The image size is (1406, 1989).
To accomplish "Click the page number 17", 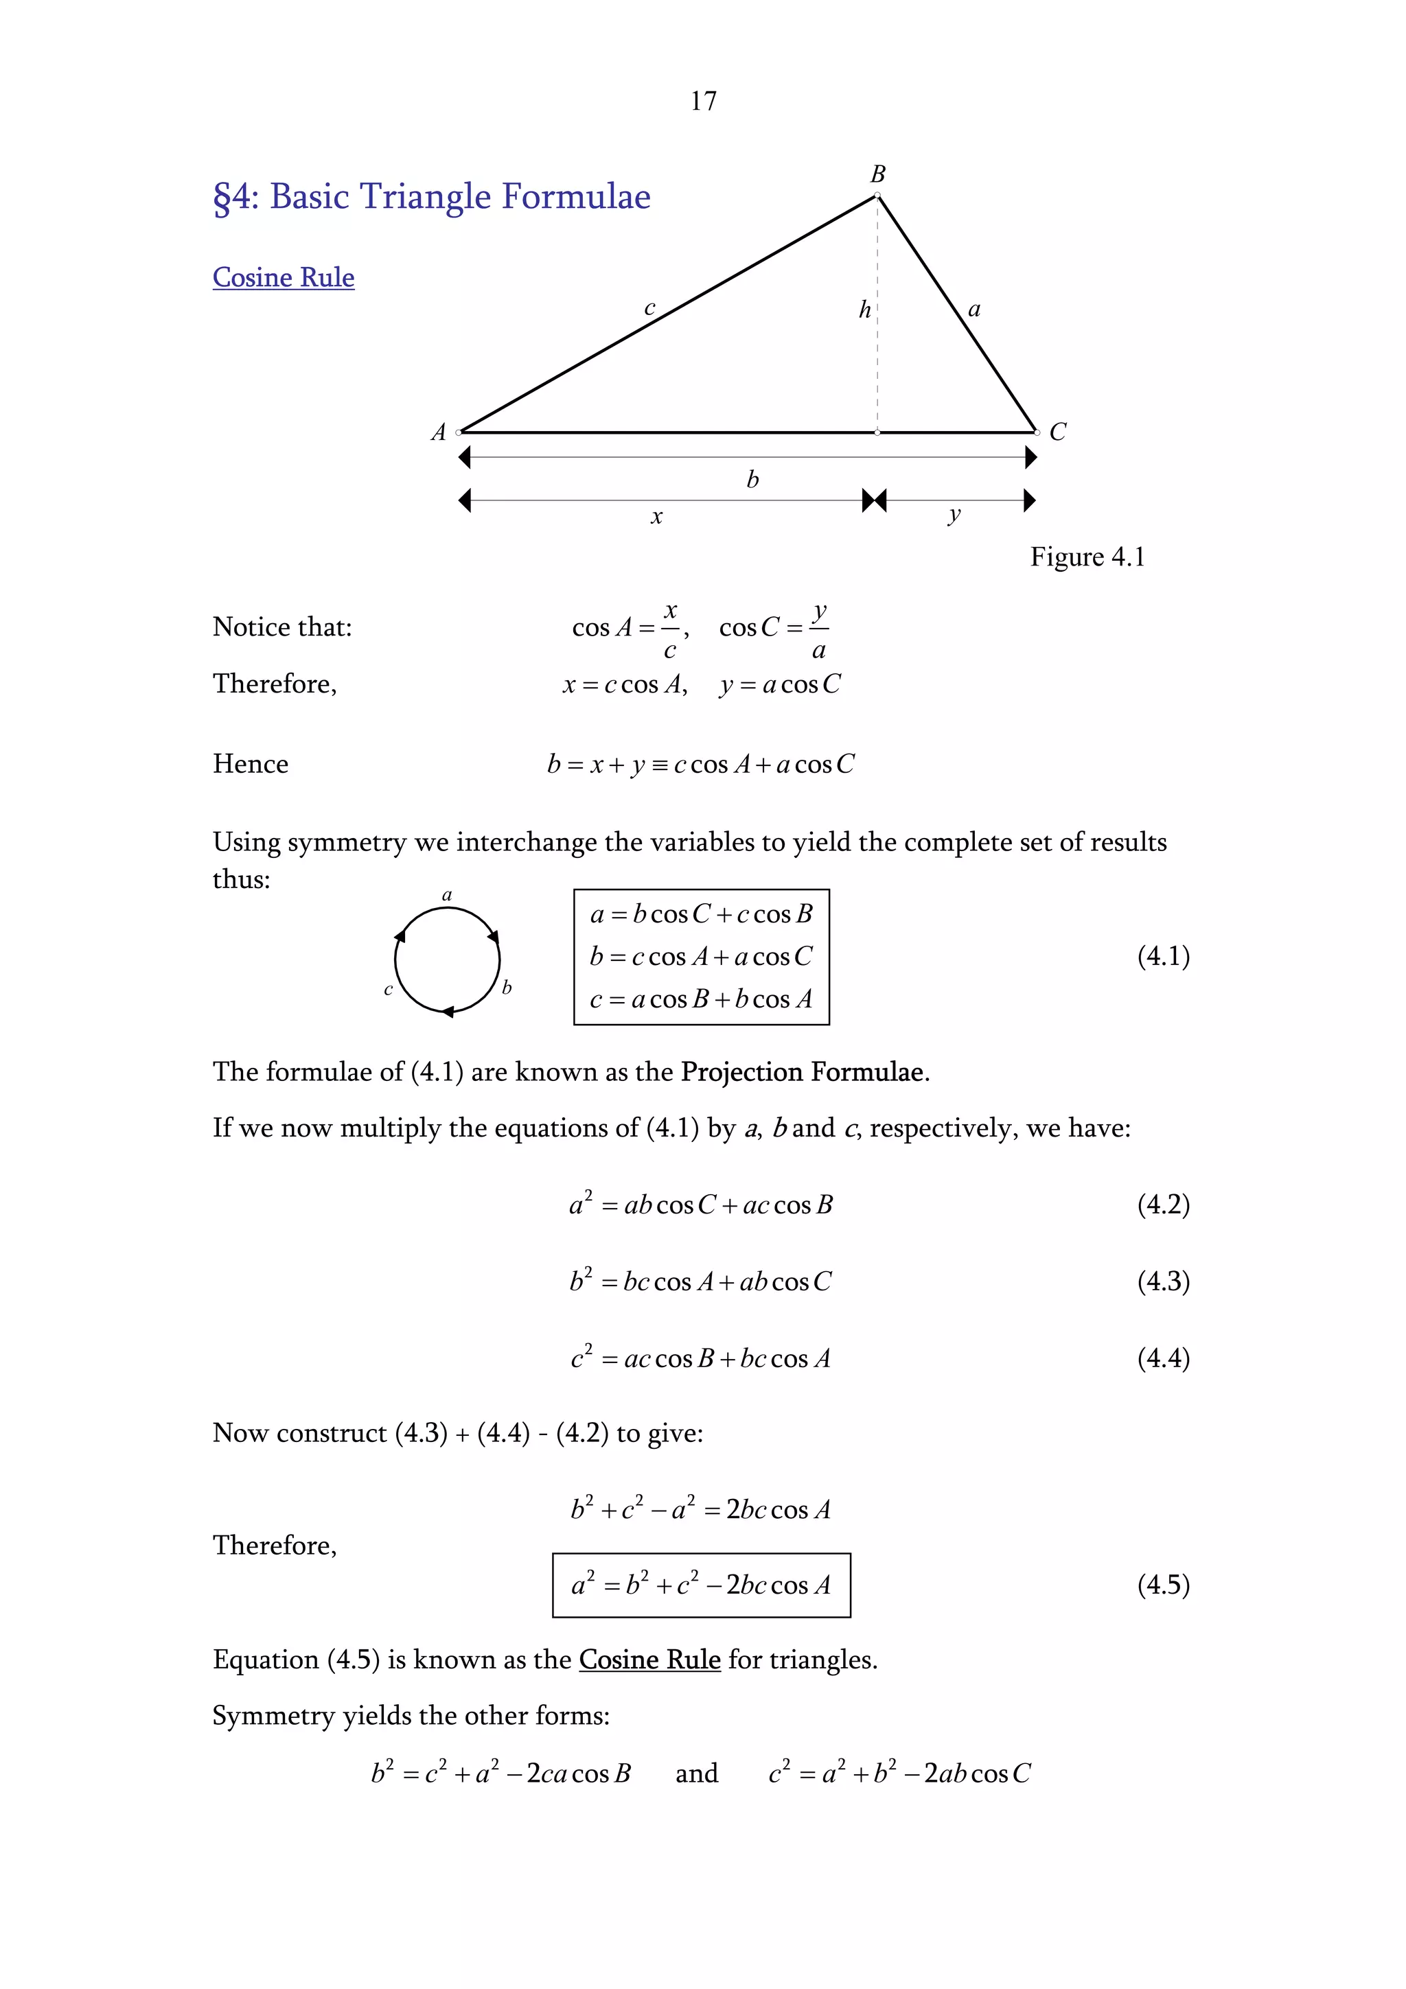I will pos(702,102).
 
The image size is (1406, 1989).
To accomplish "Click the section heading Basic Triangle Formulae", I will pos(431,198).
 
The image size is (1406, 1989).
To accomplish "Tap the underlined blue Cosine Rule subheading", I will pos(284,277).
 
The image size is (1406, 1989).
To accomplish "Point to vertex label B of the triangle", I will pos(877,174).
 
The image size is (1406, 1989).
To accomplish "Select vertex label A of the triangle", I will pos(439,432).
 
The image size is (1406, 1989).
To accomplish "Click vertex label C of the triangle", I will pos(1058,432).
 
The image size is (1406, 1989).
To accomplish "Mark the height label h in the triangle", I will pos(864,310).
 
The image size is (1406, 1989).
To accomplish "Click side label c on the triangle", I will pos(649,307).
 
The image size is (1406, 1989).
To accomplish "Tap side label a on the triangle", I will pos(973,310).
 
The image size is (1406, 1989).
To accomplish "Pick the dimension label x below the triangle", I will pos(656,517).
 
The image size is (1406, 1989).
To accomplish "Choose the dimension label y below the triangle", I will pos(954,515).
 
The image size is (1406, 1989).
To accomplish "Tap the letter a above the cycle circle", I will pos(447,895).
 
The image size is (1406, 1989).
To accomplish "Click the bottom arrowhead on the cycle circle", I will pos(448,1011).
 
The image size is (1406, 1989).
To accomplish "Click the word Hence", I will pos(251,764).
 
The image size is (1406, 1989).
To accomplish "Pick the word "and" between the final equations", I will pos(697,1773).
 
